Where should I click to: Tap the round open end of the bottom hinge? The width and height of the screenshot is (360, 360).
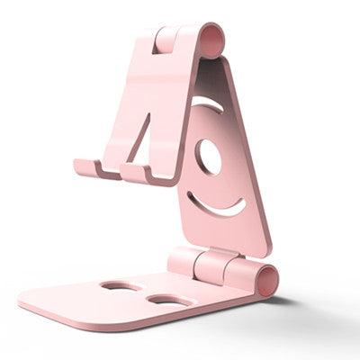pos(267,279)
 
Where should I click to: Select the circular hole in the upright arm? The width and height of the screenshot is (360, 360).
pos(208,157)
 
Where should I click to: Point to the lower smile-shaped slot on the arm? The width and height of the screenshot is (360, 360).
pos(219,205)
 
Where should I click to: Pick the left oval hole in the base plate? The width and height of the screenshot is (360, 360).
pos(121,286)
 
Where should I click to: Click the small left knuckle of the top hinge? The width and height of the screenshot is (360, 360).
pos(164,39)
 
